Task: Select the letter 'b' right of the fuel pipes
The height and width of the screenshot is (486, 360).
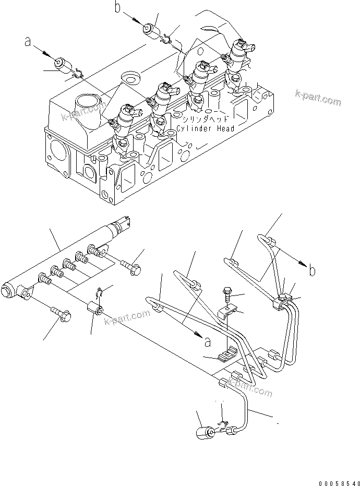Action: [x=312, y=270]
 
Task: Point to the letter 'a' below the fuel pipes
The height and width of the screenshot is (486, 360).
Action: [x=208, y=342]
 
